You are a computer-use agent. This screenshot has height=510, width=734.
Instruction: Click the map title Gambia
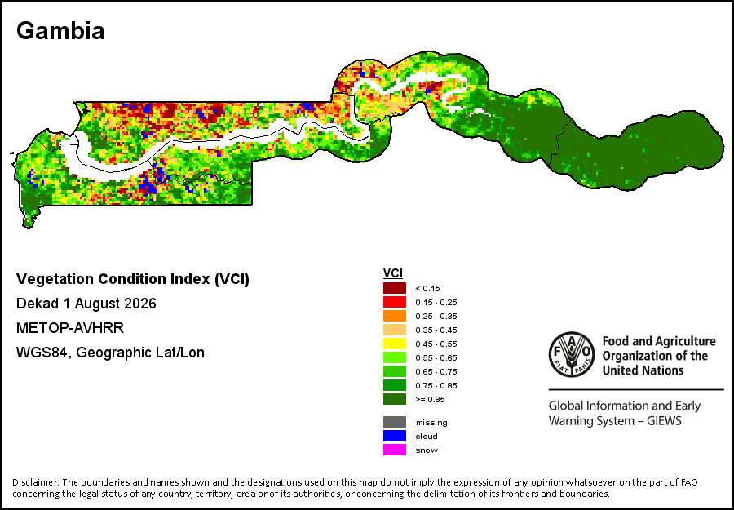tap(60, 31)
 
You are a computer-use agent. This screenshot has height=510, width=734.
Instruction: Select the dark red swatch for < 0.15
tap(395, 288)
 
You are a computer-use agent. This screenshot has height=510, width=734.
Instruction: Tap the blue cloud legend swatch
tap(395, 436)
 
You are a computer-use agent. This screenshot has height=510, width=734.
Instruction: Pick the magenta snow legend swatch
tap(395, 450)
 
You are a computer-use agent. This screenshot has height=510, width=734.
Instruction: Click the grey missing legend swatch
tap(395, 422)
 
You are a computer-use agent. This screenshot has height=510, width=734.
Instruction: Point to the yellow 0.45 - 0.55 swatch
tap(395, 344)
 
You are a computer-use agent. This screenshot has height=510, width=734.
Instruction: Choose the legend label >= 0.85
tap(430, 400)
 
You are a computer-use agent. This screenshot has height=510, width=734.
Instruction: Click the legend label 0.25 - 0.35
tap(436, 316)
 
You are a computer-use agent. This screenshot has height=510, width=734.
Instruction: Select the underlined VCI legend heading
tap(393, 273)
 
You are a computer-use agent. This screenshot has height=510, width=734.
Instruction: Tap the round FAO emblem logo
tap(572, 354)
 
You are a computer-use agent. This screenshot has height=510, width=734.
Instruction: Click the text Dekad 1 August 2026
tap(86, 304)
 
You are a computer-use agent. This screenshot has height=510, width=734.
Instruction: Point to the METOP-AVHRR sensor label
tap(70, 328)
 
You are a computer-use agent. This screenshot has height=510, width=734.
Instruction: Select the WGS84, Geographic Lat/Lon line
tap(110, 353)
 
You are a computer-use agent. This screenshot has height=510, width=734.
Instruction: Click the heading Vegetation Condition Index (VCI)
tap(133, 279)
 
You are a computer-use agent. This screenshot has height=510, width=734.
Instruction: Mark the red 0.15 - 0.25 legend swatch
tap(395, 302)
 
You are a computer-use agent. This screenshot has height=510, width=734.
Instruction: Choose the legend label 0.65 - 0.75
tap(436, 372)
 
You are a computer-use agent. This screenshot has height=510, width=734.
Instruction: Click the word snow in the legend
tap(427, 450)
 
